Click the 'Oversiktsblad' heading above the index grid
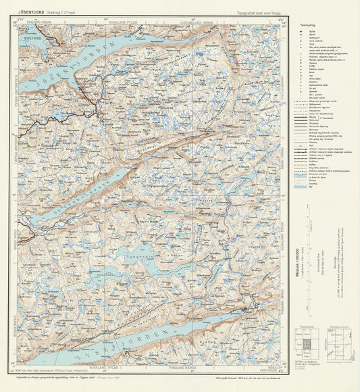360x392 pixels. [307, 325]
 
